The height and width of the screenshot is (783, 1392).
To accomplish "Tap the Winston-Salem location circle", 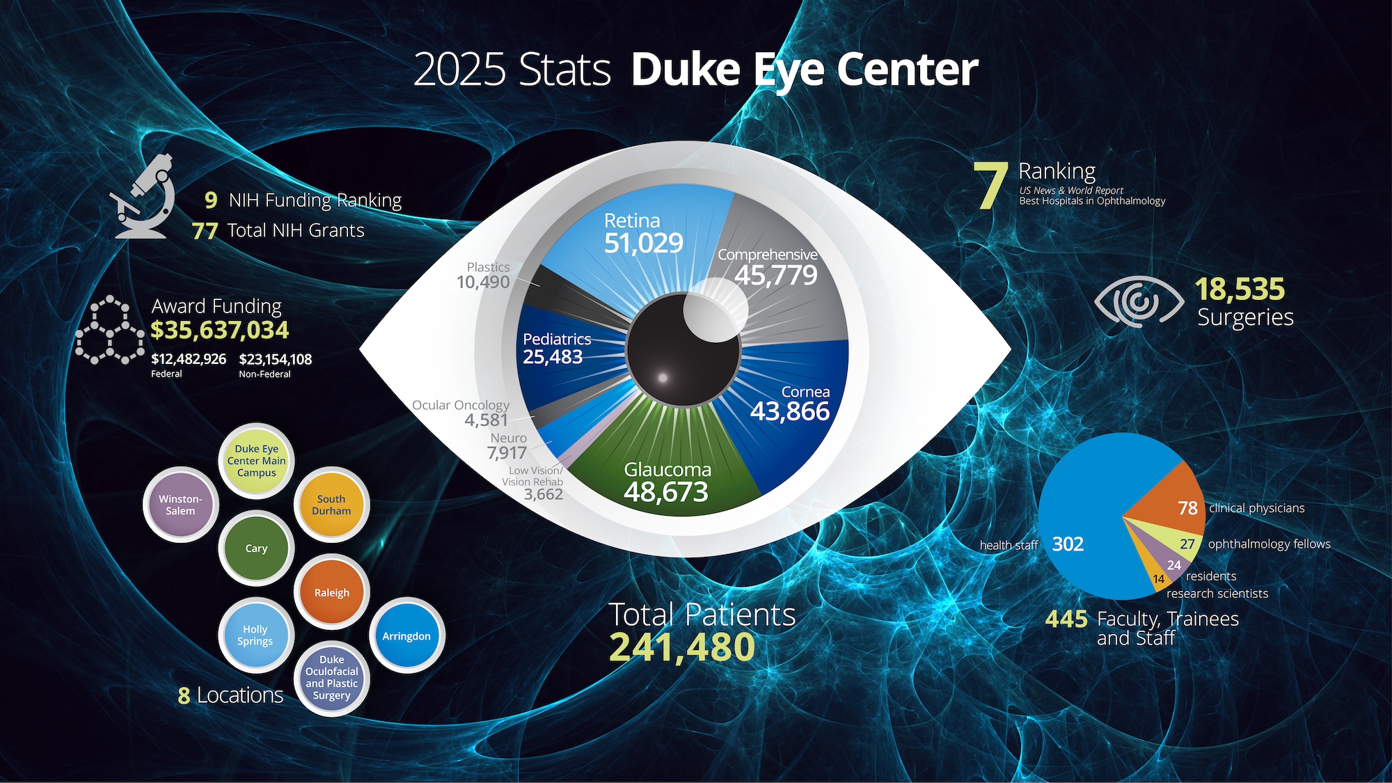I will pos(180,505).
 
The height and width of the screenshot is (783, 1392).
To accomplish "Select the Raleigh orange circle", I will pos(332,592).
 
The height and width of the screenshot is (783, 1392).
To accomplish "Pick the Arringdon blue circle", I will pos(406,635).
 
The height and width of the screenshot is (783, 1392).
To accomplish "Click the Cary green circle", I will pos(256,548).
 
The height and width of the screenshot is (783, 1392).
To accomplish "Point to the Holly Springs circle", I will pos(255,635).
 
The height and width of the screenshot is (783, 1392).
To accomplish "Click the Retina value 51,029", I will pos(643,243).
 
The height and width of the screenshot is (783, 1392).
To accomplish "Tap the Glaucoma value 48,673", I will pos(666,492).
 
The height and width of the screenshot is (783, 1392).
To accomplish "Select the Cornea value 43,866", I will pos(789,411).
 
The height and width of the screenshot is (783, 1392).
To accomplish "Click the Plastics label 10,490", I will pos(483,282).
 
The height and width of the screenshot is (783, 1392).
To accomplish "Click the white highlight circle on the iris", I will pos(715,309).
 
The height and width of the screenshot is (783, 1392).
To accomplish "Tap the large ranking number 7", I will pos(991,185).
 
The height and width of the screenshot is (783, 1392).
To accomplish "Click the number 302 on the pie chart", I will pos(1068,544).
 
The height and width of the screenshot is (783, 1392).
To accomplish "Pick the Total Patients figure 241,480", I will pos(682,647).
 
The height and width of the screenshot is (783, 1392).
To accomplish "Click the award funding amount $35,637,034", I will pos(219,330).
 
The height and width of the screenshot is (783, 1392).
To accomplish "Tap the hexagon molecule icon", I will pos(109,331).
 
